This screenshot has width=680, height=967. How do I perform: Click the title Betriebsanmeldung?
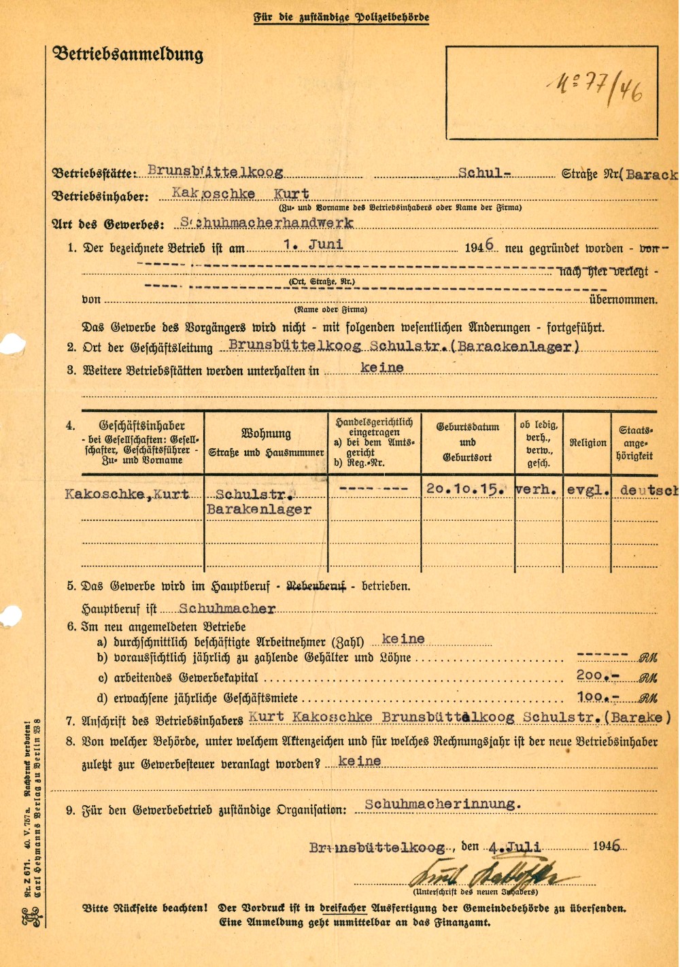tap(128, 54)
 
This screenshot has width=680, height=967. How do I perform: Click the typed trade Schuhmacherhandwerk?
tap(267, 223)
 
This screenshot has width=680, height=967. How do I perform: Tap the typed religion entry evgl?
tap(588, 490)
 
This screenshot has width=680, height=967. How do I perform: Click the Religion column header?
tap(588, 443)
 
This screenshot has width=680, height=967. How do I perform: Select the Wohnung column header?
tap(266, 434)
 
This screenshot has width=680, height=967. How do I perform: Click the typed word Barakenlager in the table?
tap(259, 509)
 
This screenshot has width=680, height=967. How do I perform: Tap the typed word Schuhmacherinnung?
tap(443, 804)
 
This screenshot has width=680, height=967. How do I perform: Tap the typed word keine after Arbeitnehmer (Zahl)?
tap(403, 639)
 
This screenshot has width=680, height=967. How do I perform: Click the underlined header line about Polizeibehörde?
tap(341, 17)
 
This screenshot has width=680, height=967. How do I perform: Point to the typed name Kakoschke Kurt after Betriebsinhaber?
tap(241, 194)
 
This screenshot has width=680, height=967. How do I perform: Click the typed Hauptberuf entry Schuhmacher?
tap(227, 609)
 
